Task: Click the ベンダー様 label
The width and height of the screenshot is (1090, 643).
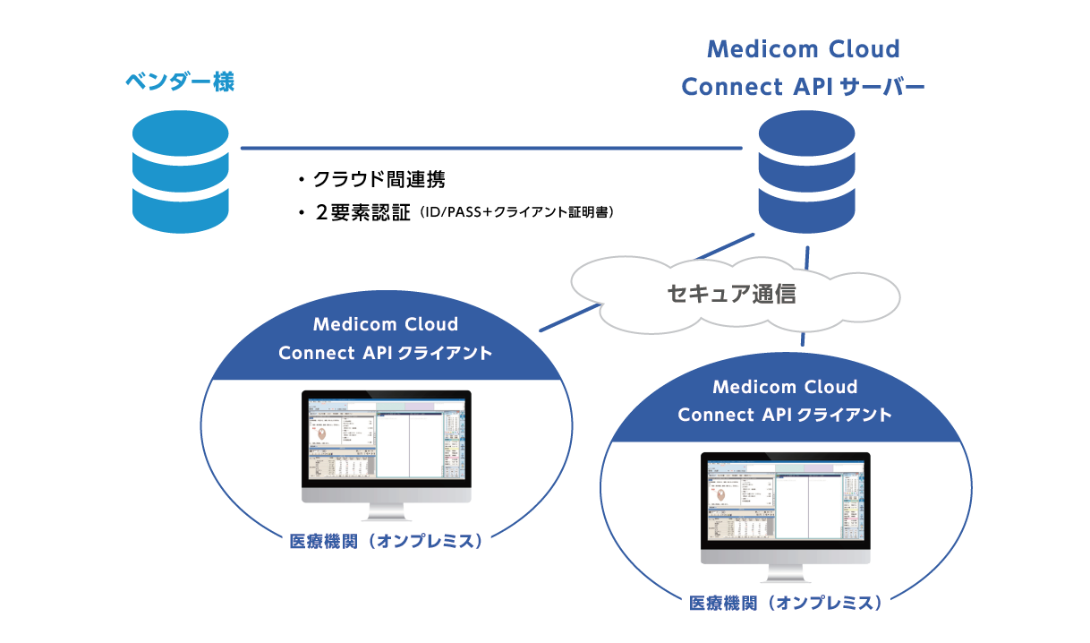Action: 179,83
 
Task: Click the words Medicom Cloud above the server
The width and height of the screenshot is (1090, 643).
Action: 803,48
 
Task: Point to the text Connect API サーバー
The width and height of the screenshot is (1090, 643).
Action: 803,88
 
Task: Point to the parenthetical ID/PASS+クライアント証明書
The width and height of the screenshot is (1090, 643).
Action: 516,213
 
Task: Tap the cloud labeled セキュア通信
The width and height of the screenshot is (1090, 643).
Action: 732,294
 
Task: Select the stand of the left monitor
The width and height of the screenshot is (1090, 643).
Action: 386,511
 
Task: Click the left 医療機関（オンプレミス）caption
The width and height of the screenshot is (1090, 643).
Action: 386,542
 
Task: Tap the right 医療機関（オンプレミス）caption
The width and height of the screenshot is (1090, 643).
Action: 785,603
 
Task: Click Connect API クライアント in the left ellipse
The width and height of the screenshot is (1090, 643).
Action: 386,353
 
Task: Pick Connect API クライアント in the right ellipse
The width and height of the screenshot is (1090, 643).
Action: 785,416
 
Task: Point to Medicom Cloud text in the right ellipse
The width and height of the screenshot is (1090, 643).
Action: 785,387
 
